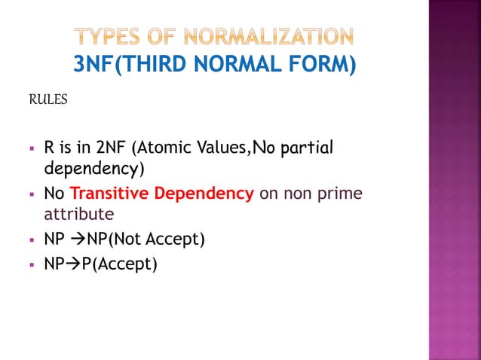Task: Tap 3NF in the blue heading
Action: pyautogui.click(x=94, y=66)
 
